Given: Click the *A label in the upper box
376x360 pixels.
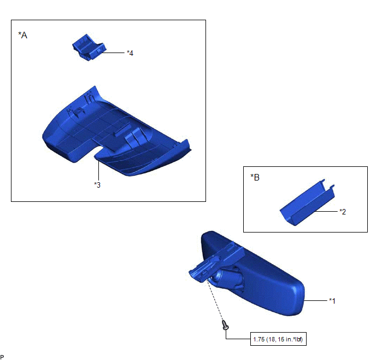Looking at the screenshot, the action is [23, 35].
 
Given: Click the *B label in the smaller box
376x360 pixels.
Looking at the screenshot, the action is [255, 177].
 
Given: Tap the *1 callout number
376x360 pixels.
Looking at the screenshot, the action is [332, 301].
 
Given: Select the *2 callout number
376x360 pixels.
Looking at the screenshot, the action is [343, 212].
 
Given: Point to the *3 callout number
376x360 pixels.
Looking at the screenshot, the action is [97, 185].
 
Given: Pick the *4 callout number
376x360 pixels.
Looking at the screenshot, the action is [130, 53].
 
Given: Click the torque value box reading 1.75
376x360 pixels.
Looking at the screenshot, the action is [278, 339].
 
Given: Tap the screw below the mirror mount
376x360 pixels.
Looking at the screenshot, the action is [225, 325].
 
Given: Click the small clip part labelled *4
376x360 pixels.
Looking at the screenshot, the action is [89, 48].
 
